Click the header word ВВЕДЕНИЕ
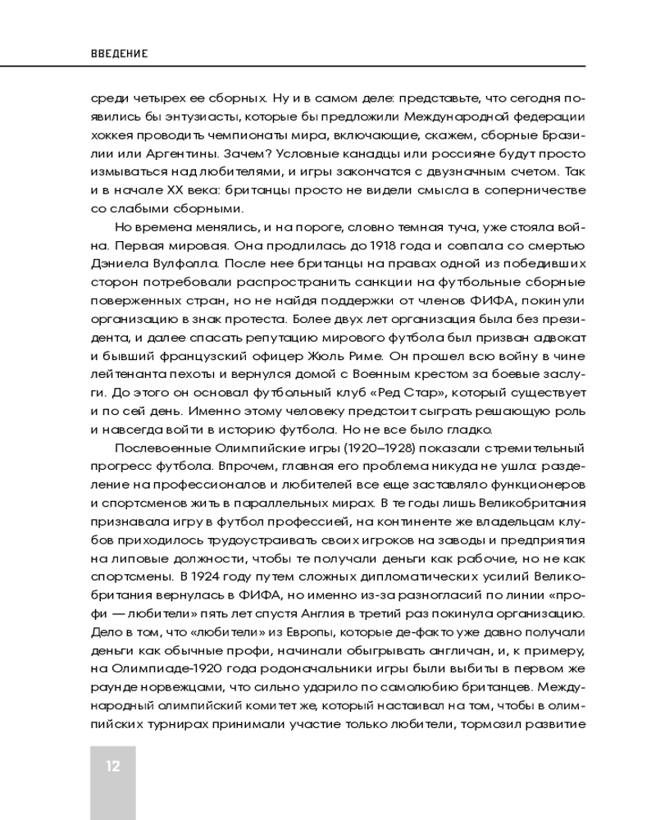click(119, 52)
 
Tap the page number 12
click(112, 767)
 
